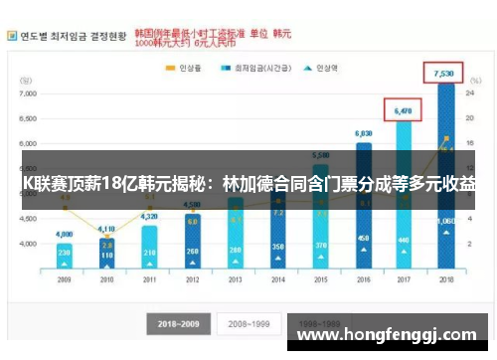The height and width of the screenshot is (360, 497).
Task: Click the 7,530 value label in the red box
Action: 443,73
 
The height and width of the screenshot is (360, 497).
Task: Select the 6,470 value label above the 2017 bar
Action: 403,110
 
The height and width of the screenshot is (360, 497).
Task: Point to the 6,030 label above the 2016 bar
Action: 364,133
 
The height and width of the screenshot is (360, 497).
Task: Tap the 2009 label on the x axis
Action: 65,281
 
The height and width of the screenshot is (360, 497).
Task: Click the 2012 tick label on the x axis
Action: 192,281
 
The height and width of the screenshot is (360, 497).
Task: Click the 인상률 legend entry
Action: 188,69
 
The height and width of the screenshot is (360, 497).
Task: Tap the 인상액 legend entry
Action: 327,69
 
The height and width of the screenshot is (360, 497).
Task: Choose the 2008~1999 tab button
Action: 246,323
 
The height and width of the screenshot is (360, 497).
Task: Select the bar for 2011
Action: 149,249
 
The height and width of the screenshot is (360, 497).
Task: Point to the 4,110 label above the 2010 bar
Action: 106,230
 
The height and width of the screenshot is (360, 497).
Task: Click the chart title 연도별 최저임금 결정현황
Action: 72,36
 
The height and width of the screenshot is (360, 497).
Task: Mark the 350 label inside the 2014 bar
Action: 278,246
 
